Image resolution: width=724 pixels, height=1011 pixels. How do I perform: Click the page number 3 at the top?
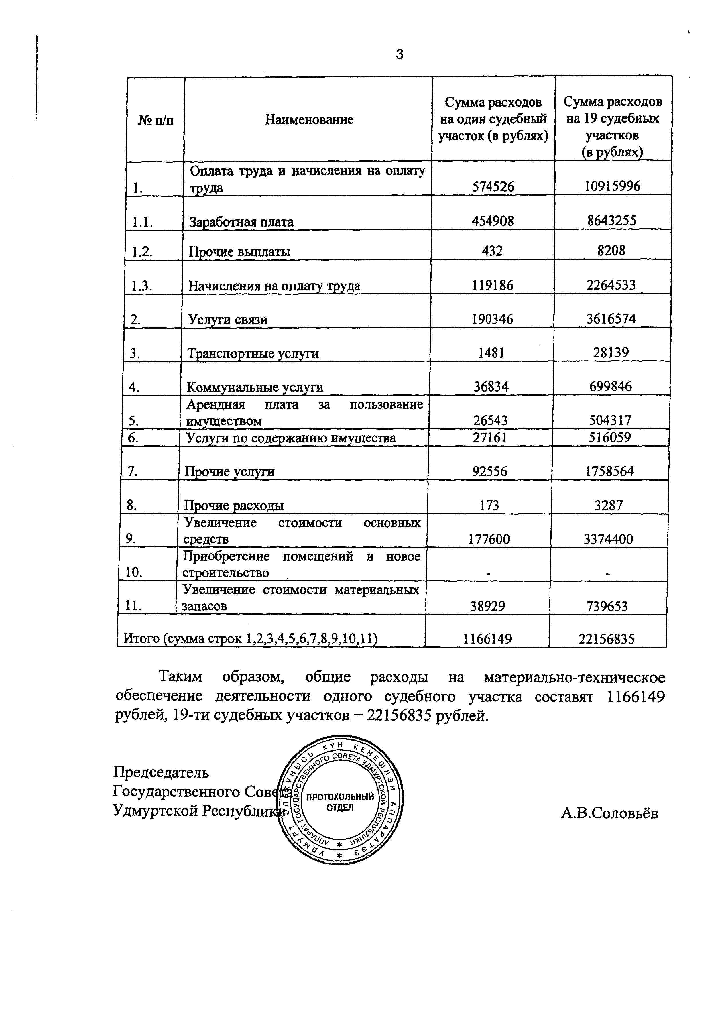pos(400,54)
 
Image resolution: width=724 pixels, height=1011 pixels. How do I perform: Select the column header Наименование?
pos(309,119)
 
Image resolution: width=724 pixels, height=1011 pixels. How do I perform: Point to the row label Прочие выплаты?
pos(239,252)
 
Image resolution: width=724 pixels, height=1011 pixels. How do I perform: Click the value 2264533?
pos(611,285)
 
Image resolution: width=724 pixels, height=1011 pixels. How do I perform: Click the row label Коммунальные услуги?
pos(255,387)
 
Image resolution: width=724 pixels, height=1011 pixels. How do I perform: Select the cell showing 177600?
pos(489,539)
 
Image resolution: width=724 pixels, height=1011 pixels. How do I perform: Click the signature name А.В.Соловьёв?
pos(609,813)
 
